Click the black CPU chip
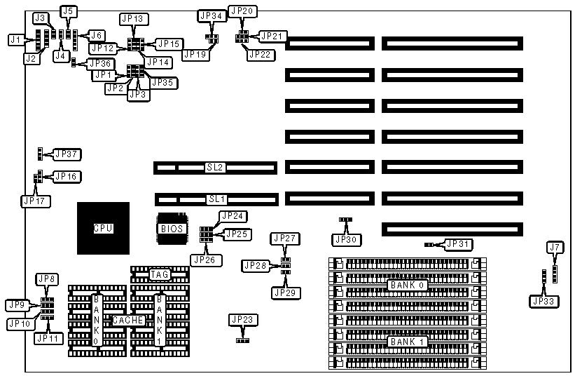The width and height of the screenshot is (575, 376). point(103,228)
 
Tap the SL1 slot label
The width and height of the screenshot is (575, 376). point(215,199)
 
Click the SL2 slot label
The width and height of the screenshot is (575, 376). point(215,168)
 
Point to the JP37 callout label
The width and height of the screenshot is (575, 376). point(67,154)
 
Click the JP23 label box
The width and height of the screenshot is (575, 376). point(242,320)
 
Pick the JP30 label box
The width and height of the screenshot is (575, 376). point(346,239)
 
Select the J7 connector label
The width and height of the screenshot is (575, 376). point(555,247)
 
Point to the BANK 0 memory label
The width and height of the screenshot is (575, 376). point(407,286)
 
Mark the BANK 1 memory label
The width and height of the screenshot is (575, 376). point(407,341)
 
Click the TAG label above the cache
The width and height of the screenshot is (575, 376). point(160,274)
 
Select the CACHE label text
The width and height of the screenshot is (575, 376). point(129,320)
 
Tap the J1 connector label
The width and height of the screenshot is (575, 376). point(15,40)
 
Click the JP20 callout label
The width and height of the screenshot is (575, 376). point(242,11)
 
